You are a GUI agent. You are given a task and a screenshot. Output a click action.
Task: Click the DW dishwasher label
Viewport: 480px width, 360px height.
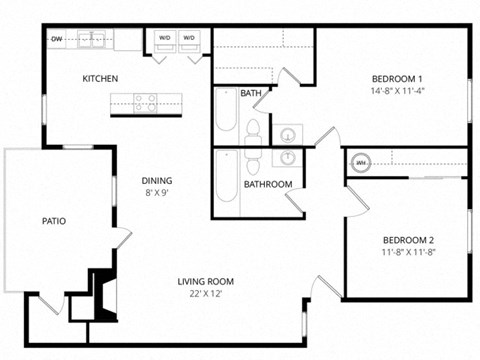[58, 39]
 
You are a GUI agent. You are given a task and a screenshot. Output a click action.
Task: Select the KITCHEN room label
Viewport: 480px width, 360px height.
[101, 79]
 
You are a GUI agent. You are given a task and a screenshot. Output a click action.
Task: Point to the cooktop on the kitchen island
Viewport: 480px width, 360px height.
[145, 100]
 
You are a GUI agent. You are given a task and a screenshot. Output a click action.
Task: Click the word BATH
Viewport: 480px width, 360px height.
[251, 94]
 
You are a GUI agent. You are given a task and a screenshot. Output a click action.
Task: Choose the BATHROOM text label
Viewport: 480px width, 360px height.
[268, 184]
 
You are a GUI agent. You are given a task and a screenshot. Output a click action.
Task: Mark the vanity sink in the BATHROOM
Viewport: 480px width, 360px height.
[288, 158]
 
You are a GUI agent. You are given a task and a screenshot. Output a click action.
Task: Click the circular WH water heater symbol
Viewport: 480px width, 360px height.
[360, 162]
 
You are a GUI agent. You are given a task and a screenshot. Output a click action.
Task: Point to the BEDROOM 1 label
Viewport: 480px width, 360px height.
[398, 79]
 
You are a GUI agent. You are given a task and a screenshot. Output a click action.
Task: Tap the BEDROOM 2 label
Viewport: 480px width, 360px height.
[408, 240]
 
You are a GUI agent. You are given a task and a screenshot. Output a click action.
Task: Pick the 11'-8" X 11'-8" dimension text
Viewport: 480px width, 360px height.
[408, 253]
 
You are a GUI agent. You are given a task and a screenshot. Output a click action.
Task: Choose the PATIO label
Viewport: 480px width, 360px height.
[54, 221]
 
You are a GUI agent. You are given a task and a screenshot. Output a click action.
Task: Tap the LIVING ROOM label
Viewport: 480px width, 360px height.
[206, 281]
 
